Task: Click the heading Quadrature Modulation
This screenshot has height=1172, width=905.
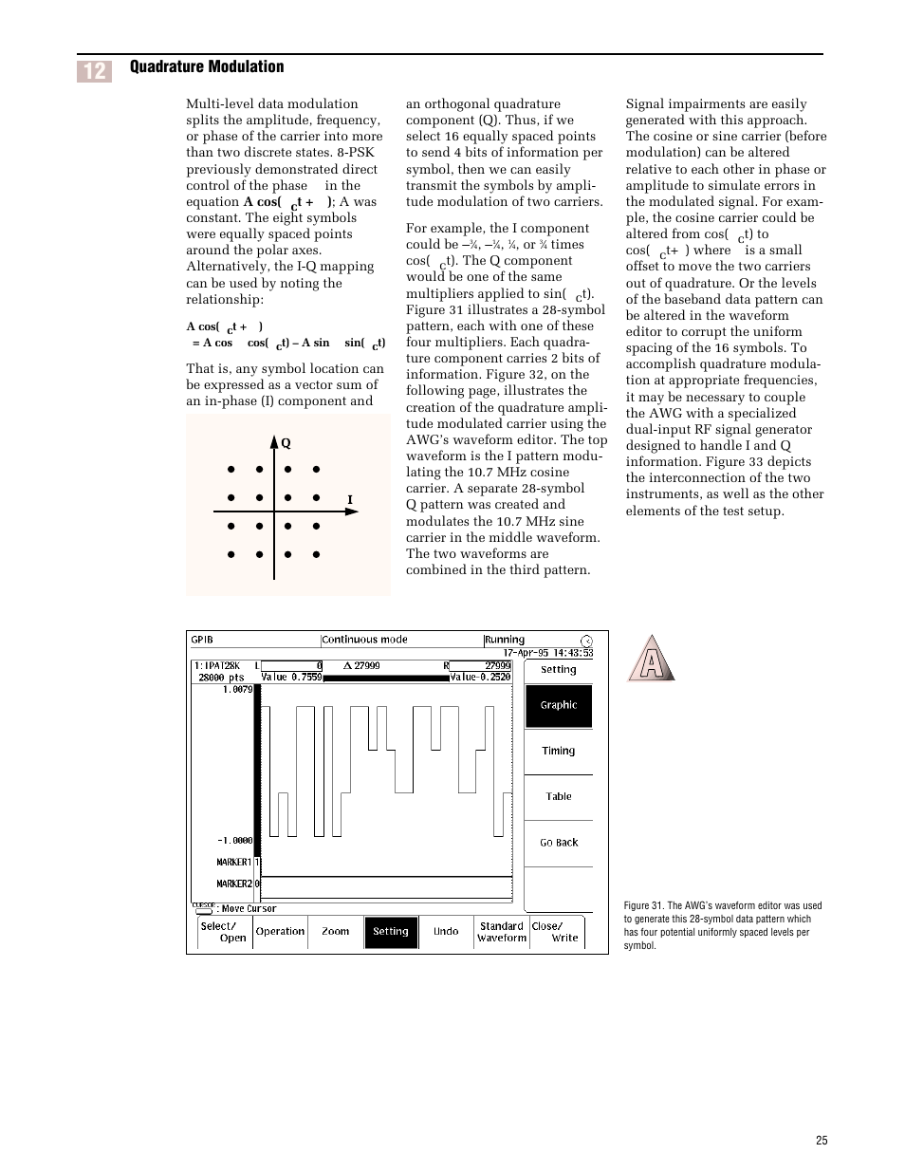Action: point(207,66)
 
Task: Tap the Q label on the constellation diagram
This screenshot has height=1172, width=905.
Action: point(286,443)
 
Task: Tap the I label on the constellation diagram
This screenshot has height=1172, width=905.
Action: point(350,500)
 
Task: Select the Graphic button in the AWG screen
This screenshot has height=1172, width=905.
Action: point(559,705)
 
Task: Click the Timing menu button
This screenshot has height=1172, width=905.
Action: point(559,751)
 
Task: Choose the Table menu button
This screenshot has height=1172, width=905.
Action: point(559,796)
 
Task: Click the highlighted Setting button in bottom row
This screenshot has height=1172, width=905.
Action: point(391,932)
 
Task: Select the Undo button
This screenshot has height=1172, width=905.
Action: point(446,932)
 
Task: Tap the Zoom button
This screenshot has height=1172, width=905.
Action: point(336,932)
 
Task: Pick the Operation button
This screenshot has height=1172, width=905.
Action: point(281,932)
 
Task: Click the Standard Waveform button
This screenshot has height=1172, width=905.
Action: point(502,932)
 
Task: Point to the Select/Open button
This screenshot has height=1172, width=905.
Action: point(226,932)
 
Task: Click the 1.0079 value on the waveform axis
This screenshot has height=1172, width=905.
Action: point(237,690)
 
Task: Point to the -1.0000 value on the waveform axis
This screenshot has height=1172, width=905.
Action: point(235,840)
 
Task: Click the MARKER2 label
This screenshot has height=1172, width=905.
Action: point(234,884)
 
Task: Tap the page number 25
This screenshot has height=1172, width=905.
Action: point(822,1141)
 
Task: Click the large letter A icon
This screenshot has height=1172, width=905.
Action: point(651,659)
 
